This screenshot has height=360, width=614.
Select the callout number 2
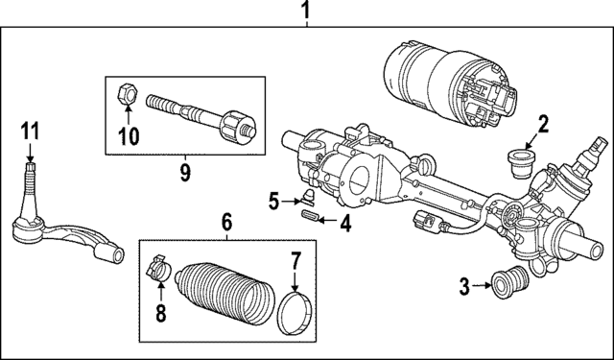(542, 122)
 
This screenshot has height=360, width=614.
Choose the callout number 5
(274, 201)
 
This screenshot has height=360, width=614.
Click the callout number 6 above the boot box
(226, 222)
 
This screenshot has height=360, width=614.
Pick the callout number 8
(160, 311)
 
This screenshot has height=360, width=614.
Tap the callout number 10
(126, 134)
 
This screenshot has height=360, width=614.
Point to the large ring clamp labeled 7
(295, 315)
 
